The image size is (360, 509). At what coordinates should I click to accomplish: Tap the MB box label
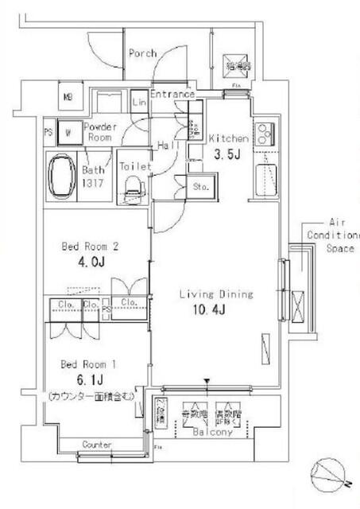point(68,99)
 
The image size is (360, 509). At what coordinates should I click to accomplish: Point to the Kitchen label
point(229,138)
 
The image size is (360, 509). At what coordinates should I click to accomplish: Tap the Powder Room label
point(99,132)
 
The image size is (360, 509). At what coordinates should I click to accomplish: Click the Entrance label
point(172,95)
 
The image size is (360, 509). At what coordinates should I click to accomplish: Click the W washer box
point(69,132)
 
